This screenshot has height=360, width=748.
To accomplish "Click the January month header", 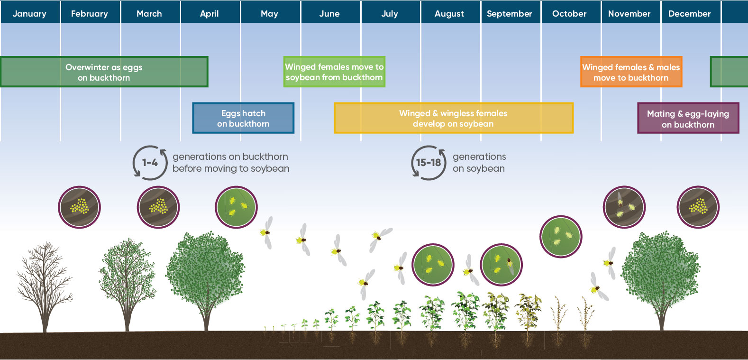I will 29,14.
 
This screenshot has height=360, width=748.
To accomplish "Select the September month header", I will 510,14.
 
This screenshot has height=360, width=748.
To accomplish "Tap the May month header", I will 269,14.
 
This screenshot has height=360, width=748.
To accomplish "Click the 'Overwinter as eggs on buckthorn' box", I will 104,72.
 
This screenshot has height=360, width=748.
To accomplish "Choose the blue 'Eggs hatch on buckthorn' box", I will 243,118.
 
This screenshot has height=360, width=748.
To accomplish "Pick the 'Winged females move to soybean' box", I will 334,72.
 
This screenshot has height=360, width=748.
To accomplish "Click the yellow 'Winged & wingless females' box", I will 453,118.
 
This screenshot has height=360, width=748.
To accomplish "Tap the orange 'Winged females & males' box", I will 631,72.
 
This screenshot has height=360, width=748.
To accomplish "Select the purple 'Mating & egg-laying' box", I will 688,119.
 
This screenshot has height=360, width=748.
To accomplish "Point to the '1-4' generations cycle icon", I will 150,163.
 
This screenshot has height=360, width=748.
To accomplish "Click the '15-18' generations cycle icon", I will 429,163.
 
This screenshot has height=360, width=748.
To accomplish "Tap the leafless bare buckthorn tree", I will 45,285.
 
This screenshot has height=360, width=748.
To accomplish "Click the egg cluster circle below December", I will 698,207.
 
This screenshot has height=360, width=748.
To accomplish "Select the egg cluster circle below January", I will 79,207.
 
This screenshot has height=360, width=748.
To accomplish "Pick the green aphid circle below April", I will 236,207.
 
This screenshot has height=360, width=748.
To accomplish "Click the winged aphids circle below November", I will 624,207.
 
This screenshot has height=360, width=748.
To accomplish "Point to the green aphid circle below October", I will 561,236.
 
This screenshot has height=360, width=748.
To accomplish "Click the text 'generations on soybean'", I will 479,163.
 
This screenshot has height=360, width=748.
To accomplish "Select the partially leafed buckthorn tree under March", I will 127,282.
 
